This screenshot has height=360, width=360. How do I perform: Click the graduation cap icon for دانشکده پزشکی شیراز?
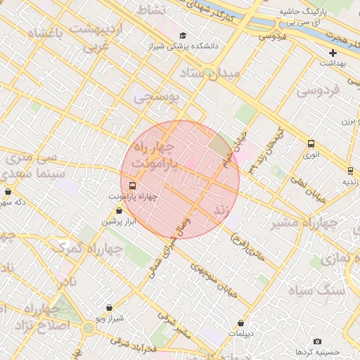(183, 36)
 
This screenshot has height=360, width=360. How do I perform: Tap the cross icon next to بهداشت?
(333, 53)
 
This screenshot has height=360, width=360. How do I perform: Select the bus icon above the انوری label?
(311, 144)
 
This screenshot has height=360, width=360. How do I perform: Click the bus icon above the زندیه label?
(350, 170)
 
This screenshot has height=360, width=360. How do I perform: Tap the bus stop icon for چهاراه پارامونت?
(133, 186)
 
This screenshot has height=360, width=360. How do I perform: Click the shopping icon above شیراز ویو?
(109, 307)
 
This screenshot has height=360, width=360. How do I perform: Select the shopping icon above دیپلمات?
(240, 323)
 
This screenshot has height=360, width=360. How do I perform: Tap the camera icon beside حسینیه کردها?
(318, 341)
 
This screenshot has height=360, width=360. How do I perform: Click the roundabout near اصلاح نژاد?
(89, 328)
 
